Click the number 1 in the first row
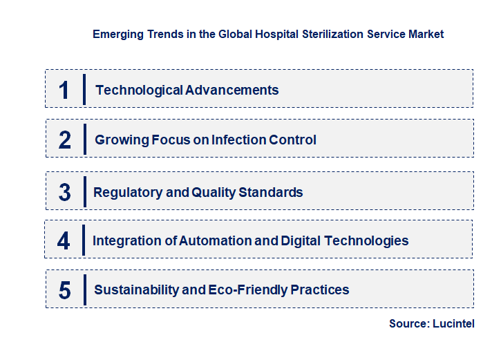tap(64, 90)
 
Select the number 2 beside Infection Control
tap(65, 140)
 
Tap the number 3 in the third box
tap(65, 193)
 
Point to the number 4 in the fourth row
tap(64, 241)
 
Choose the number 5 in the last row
tap(65, 290)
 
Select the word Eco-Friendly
tap(249, 290)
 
